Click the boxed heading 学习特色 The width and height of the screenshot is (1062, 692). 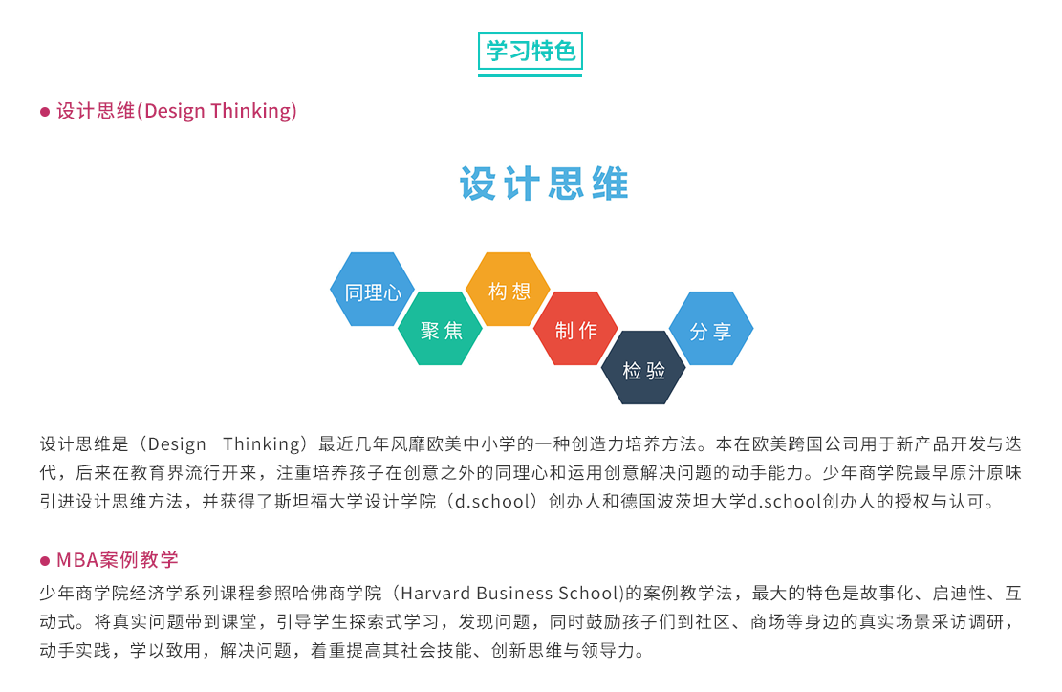530,51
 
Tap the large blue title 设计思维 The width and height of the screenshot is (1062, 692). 545,184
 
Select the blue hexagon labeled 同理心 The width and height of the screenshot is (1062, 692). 372,289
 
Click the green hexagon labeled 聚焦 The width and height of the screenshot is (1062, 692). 441,329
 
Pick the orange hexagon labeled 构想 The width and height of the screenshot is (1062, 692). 508,289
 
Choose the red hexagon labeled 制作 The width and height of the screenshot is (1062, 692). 575,329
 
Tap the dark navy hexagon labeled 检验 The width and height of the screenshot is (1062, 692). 643,368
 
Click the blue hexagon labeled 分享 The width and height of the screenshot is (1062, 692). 711,329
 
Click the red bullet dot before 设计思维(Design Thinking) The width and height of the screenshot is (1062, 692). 45,112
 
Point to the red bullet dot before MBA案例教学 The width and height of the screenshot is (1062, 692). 45,561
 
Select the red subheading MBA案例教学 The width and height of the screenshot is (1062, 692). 118,560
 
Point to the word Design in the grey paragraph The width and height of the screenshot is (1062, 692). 177,444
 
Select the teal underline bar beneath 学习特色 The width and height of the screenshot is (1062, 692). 530,76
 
